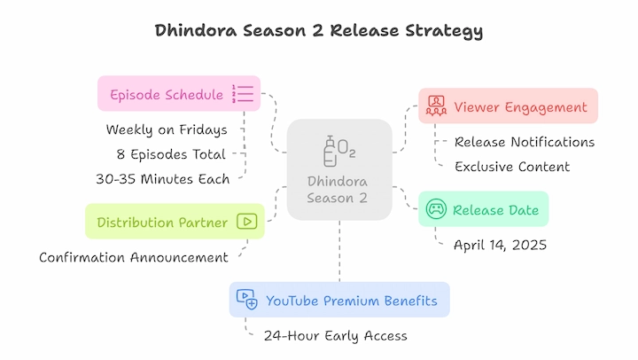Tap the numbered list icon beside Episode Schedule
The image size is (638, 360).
pyautogui.click(x=243, y=94)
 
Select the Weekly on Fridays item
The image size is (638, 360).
pyautogui.click(x=167, y=130)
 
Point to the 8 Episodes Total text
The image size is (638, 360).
pyautogui.click(x=171, y=154)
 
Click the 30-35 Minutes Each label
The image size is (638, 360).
pyautogui.click(x=163, y=179)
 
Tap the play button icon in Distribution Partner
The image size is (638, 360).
pyautogui.click(x=247, y=222)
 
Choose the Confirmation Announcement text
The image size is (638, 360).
pyautogui.click(x=134, y=258)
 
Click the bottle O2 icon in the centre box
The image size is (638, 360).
pyautogui.click(x=339, y=151)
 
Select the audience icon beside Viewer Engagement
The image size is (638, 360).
pyautogui.click(x=436, y=106)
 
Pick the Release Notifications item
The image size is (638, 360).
pyautogui.click(x=525, y=142)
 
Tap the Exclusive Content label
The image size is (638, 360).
pyautogui.click(x=512, y=167)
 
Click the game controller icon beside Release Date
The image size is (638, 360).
pyautogui.click(x=436, y=209)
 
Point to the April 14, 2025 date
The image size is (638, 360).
pyautogui.click(x=500, y=245)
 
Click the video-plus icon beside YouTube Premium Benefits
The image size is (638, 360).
pyautogui.click(x=247, y=300)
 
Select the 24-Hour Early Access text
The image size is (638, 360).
pyautogui.click(x=335, y=336)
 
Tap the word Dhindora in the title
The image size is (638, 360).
pyautogui.click(x=196, y=30)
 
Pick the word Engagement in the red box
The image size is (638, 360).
pyautogui.click(x=546, y=107)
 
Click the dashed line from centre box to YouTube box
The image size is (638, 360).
pyautogui.click(x=339, y=251)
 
